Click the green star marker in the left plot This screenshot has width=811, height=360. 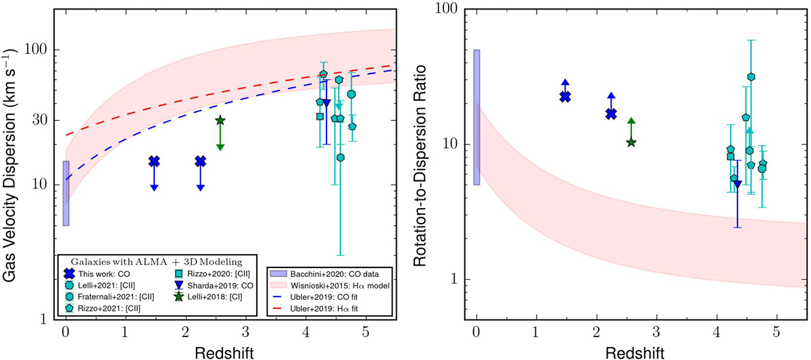coord(220,120)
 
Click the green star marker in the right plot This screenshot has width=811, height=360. coord(631,143)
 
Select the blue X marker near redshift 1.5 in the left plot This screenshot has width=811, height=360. coord(154,161)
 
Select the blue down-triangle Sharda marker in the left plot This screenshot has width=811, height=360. coord(326,103)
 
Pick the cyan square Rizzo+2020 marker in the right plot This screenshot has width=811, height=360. coord(731,157)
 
